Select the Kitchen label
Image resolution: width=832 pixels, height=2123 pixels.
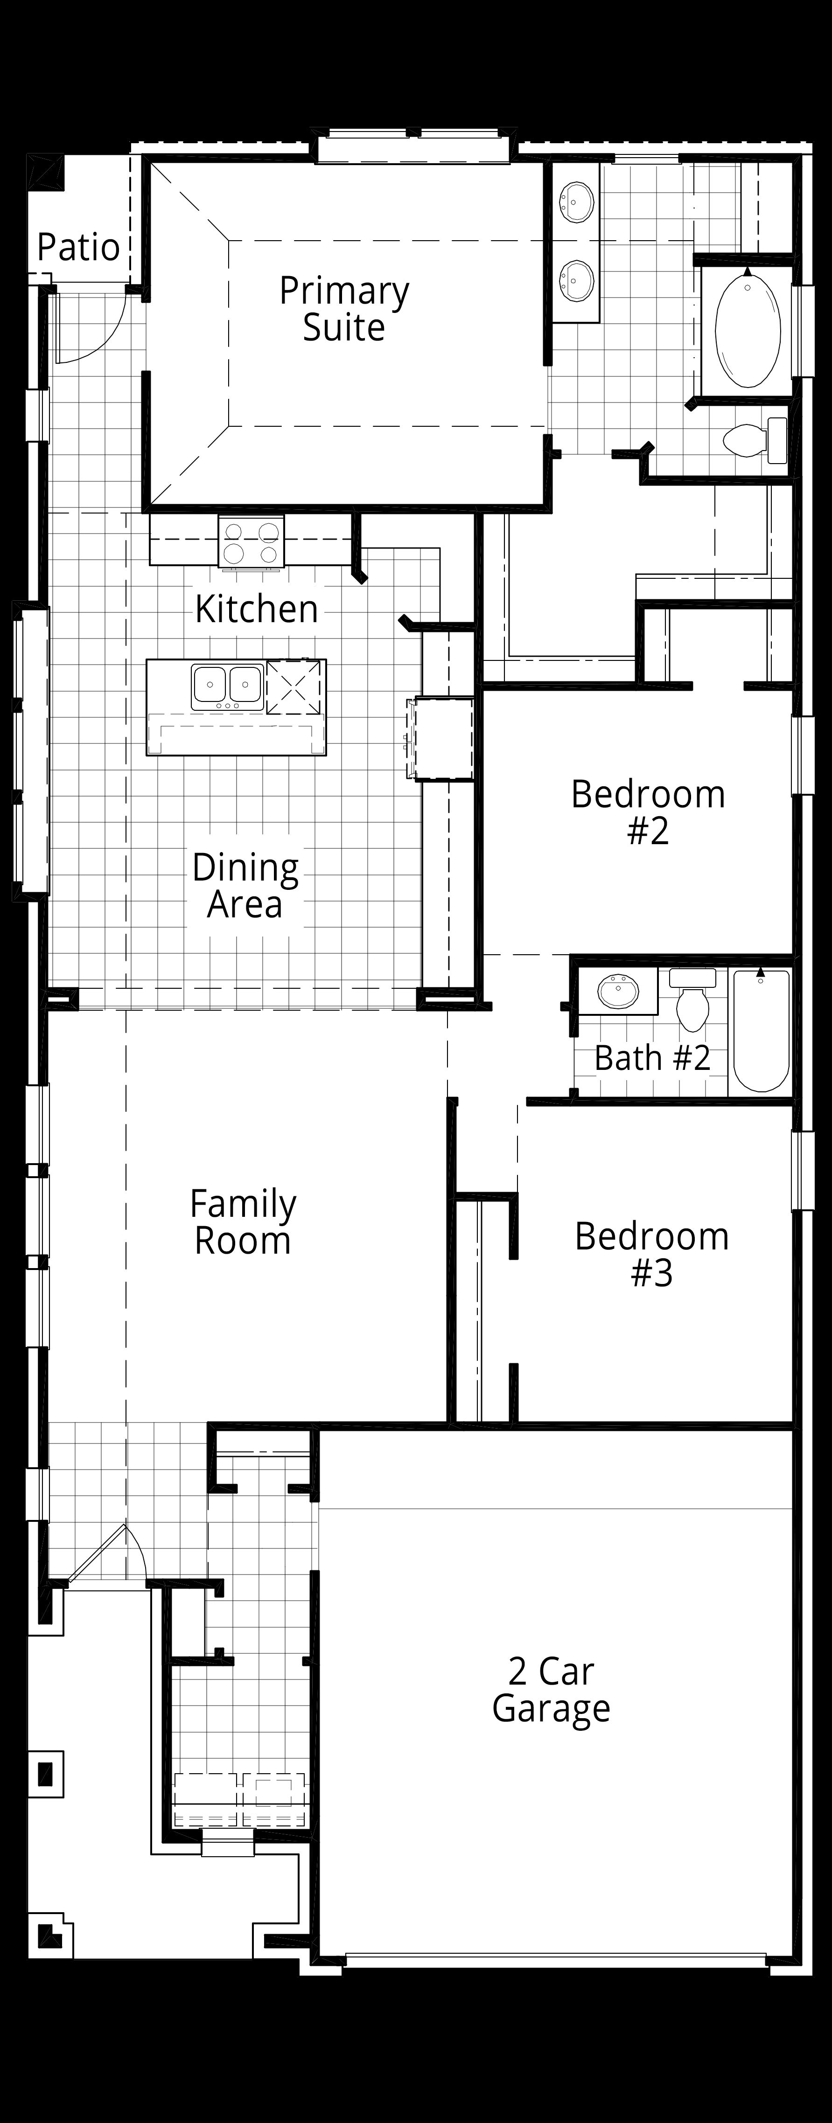click(257, 609)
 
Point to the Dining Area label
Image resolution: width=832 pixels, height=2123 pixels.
click(245, 886)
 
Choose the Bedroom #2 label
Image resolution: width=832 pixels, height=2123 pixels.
click(648, 812)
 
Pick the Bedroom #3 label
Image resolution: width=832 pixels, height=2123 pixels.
click(651, 1254)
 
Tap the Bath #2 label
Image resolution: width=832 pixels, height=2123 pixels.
click(652, 1058)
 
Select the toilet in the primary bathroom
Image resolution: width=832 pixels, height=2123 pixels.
click(755, 440)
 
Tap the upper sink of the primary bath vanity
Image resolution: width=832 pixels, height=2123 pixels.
click(576, 202)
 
